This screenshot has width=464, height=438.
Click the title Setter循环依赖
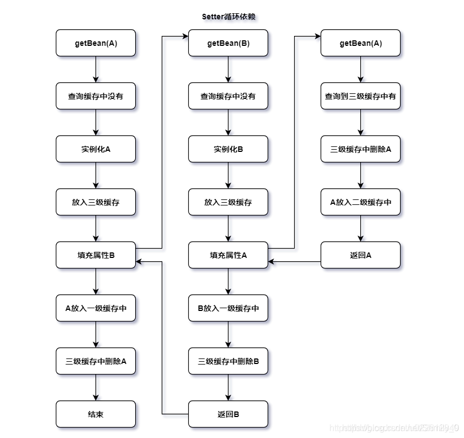coord(228,17)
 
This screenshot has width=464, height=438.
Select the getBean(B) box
coord(228,43)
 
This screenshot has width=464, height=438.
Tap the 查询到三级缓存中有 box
coord(360,96)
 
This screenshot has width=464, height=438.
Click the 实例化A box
coord(95,149)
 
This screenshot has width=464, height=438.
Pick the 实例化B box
coord(228,149)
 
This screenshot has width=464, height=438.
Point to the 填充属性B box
coord(95,255)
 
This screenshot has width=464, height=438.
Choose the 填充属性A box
coord(228,255)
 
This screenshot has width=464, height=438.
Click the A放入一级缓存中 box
coord(95,308)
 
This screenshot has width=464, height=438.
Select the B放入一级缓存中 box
coord(228,308)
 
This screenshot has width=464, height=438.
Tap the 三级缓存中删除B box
coord(228,361)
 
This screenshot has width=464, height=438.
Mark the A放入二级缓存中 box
coord(360,202)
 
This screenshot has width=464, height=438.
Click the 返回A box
coord(360,255)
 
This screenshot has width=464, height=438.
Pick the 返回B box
coord(228,414)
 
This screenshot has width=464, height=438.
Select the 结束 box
coord(95,414)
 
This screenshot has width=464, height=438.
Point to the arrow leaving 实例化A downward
coord(95,176)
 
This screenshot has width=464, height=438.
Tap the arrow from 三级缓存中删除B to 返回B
coord(228,388)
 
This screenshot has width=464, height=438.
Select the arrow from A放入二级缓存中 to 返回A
coord(360,229)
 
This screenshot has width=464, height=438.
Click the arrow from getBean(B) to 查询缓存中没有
coord(228,70)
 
